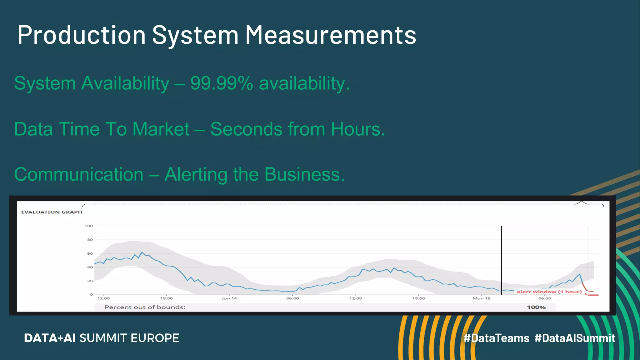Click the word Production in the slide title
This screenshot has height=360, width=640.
pyautogui.click(x=82, y=35)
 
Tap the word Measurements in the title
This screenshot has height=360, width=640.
pyautogui.click(x=331, y=35)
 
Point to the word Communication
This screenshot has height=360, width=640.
pyautogui.click(x=79, y=174)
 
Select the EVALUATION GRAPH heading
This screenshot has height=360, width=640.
pyautogui.click(x=52, y=212)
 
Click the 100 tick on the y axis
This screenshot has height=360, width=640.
pyautogui.click(x=88, y=226)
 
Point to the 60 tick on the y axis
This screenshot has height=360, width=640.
pyautogui.click(x=90, y=253)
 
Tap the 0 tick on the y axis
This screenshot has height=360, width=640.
pyautogui.click(x=91, y=294)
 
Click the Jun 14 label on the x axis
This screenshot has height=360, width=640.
pyautogui.click(x=229, y=298)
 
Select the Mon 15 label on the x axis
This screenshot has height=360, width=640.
pyautogui.click(x=482, y=298)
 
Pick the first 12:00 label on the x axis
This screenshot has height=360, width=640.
pyautogui.click(x=103, y=298)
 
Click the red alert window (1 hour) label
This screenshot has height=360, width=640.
pyautogui.click(x=549, y=292)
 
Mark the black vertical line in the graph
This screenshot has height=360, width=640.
pyautogui.click(x=502, y=259)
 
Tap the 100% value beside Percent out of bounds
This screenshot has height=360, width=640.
pyautogui.click(x=536, y=307)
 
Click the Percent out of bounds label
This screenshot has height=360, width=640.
pyautogui.click(x=145, y=307)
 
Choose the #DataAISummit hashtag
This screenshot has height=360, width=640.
pyautogui.click(x=575, y=338)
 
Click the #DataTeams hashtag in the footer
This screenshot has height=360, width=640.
pyautogui.click(x=497, y=338)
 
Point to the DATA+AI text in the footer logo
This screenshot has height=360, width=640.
pyautogui.click(x=50, y=338)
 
